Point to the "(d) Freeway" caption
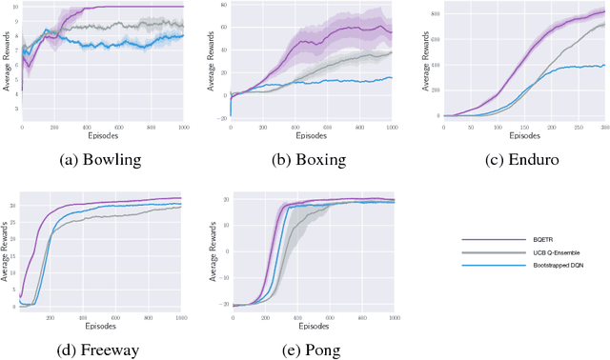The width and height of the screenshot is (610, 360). [101, 350]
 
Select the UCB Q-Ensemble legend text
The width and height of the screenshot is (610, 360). [539, 253]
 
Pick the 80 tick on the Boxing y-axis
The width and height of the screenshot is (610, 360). [227, 6]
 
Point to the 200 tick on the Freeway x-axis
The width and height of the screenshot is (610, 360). [50, 317]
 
